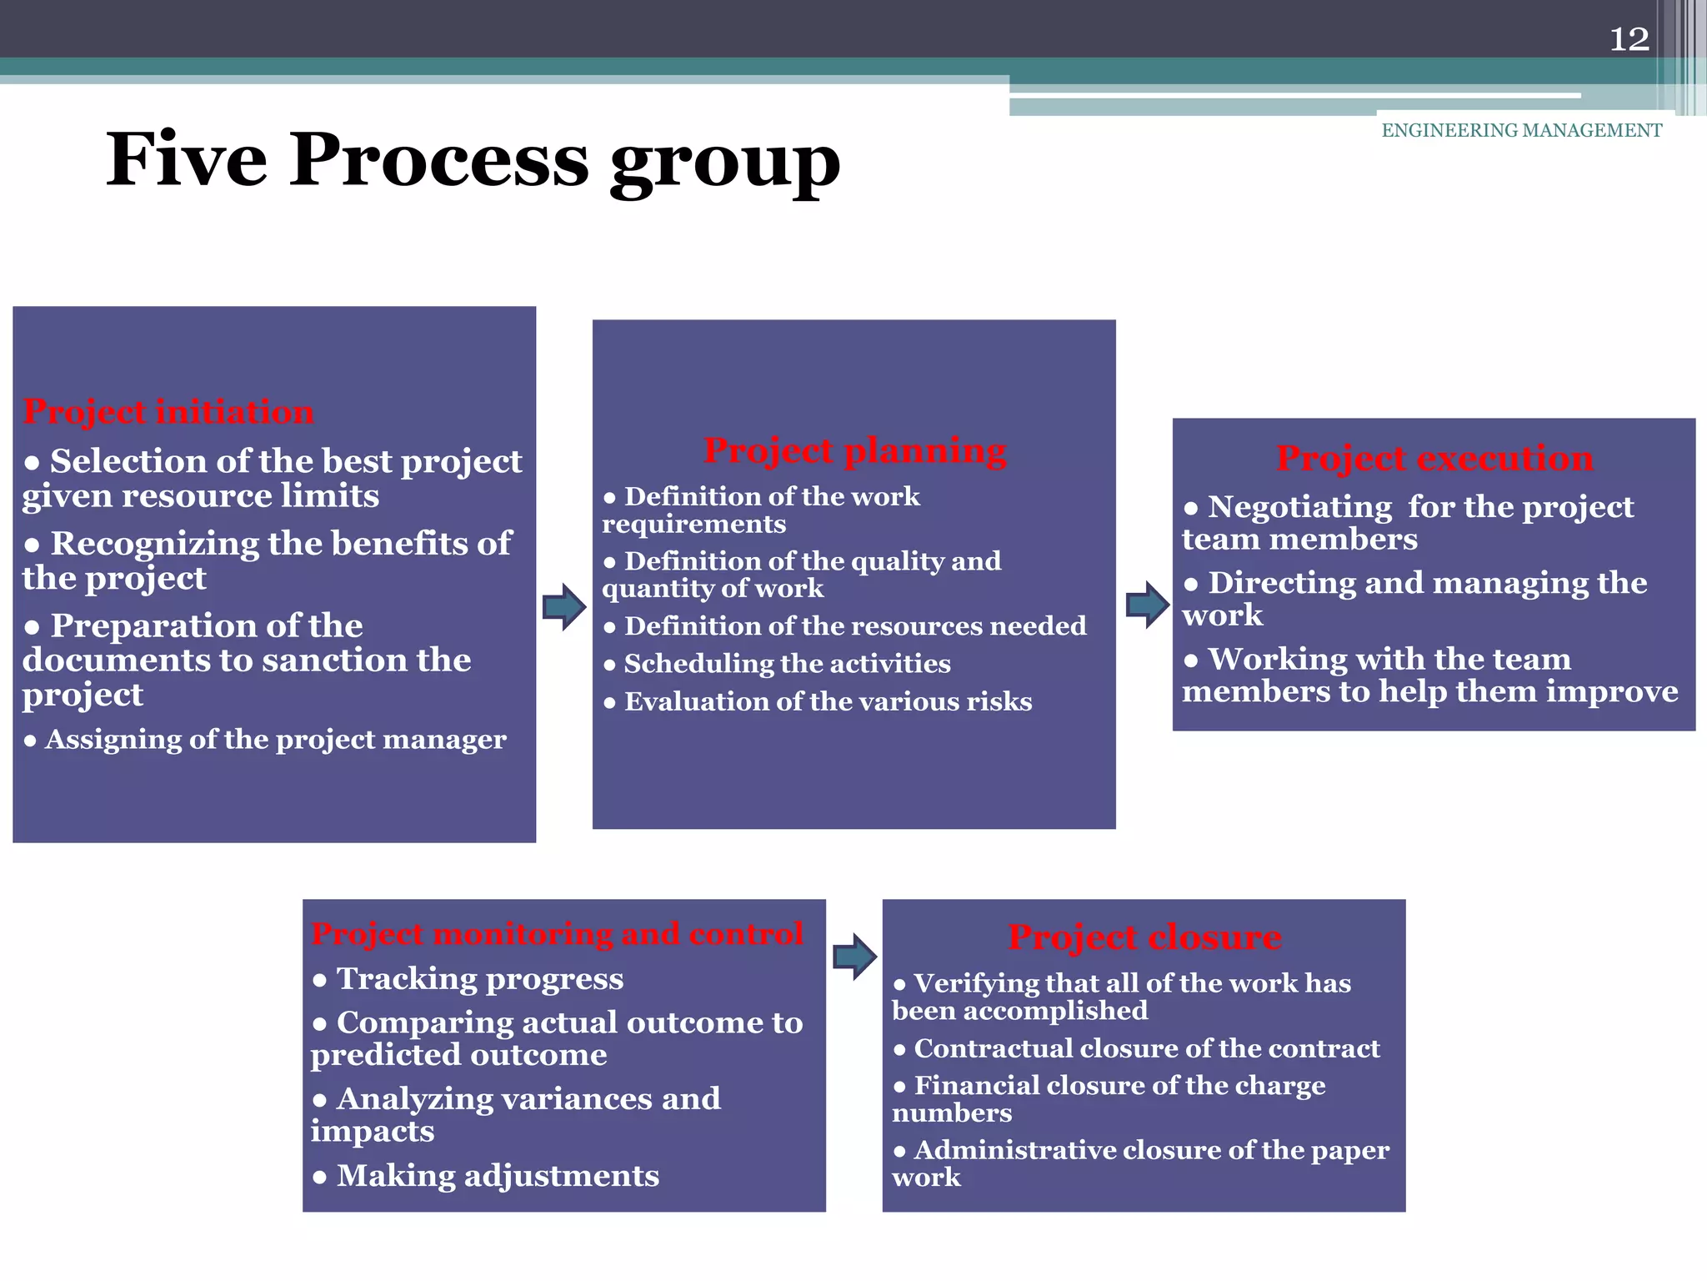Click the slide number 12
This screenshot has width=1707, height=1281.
click(x=1629, y=39)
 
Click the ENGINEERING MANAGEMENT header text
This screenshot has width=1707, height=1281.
click(x=1521, y=130)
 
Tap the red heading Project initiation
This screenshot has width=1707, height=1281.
click(x=168, y=411)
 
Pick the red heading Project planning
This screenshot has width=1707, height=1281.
click(x=854, y=450)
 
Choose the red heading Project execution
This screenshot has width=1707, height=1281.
click(x=1434, y=458)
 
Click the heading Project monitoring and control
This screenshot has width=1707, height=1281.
click(x=557, y=933)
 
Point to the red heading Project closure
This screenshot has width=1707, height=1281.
click(x=1144, y=937)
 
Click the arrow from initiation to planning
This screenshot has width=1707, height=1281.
click(x=564, y=606)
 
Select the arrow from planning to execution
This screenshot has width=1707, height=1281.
click(x=1147, y=605)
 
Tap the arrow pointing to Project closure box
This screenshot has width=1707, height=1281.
click(x=854, y=957)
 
